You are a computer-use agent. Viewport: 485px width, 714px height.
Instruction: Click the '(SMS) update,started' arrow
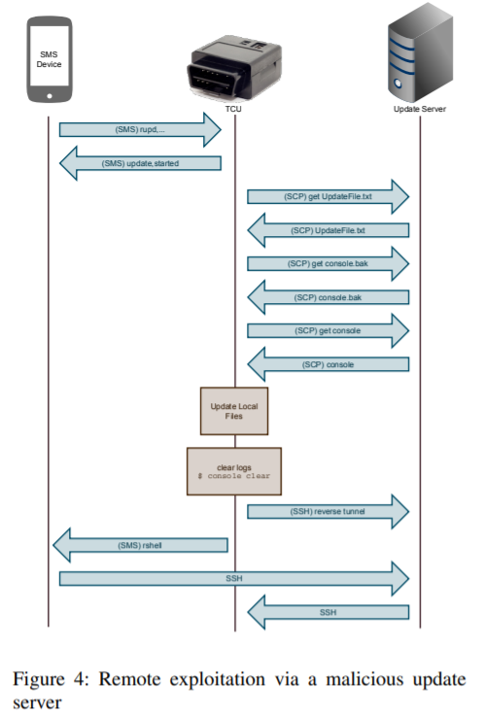tap(140, 163)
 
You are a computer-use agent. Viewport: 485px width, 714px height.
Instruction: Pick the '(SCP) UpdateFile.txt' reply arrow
tap(328, 230)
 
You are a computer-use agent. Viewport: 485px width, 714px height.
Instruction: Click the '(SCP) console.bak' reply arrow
tap(328, 297)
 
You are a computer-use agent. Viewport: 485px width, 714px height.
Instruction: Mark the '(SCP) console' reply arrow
tap(328, 364)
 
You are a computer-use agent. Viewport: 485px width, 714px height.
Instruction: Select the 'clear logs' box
tap(234, 470)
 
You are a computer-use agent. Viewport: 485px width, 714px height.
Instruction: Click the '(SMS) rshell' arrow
tap(140, 545)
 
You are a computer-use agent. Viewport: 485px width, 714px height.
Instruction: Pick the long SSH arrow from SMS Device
tap(233, 578)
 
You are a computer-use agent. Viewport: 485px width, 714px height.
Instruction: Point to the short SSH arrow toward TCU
tap(328, 612)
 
